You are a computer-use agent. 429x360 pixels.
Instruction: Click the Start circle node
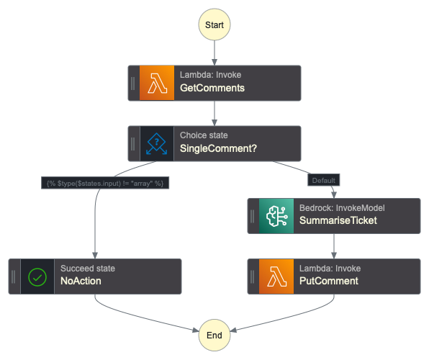pyautogui.click(x=214, y=24)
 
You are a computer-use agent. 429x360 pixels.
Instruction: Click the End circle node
pyautogui.click(x=214, y=335)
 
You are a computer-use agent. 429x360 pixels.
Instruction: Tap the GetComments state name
pyautogui.click(x=212, y=89)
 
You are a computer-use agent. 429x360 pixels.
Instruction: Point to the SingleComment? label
pyautogui.click(x=218, y=149)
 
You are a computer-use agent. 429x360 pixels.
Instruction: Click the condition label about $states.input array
pyautogui.click(x=105, y=184)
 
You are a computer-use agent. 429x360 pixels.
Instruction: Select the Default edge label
pyautogui.click(x=323, y=179)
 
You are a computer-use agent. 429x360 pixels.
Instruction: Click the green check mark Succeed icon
pyautogui.click(x=37, y=276)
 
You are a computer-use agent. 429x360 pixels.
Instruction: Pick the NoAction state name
pyautogui.click(x=80, y=282)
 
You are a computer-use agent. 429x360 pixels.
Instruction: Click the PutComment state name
pyautogui.click(x=329, y=282)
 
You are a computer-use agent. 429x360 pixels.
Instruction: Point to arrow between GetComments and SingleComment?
pyautogui.click(x=214, y=114)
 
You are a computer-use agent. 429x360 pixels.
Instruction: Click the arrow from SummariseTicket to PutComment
pyautogui.click(x=334, y=246)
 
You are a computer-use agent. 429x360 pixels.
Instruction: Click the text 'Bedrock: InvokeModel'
pyautogui.click(x=342, y=208)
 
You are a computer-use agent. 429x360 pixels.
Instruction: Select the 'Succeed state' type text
pyautogui.click(x=88, y=269)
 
